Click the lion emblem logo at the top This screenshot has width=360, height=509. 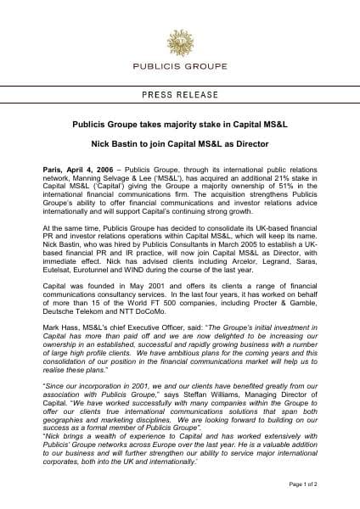(180, 38)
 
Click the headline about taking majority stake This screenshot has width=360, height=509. (180, 123)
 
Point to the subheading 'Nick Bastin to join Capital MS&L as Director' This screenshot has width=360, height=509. (180, 144)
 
